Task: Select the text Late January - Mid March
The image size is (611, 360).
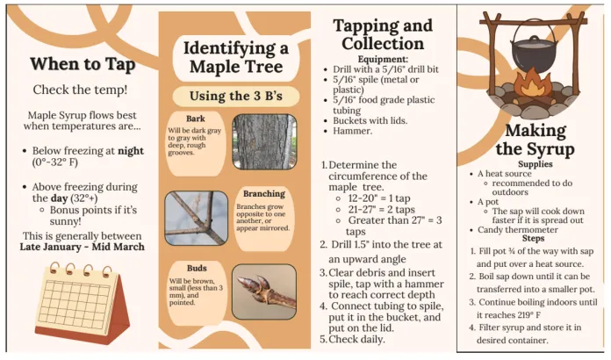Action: click(x=82, y=248)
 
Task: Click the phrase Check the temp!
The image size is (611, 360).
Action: click(x=80, y=90)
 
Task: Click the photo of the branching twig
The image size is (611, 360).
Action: click(x=196, y=219)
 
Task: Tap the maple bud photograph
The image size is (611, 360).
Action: click(x=264, y=292)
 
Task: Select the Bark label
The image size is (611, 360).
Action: click(x=196, y=119)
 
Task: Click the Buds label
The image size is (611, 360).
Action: click(x=196, y=268)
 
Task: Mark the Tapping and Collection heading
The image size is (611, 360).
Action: click(x=382, y=33)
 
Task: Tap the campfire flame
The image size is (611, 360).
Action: click(x=531, y=84)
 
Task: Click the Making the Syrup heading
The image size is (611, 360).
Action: click(x=531, y=140)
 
